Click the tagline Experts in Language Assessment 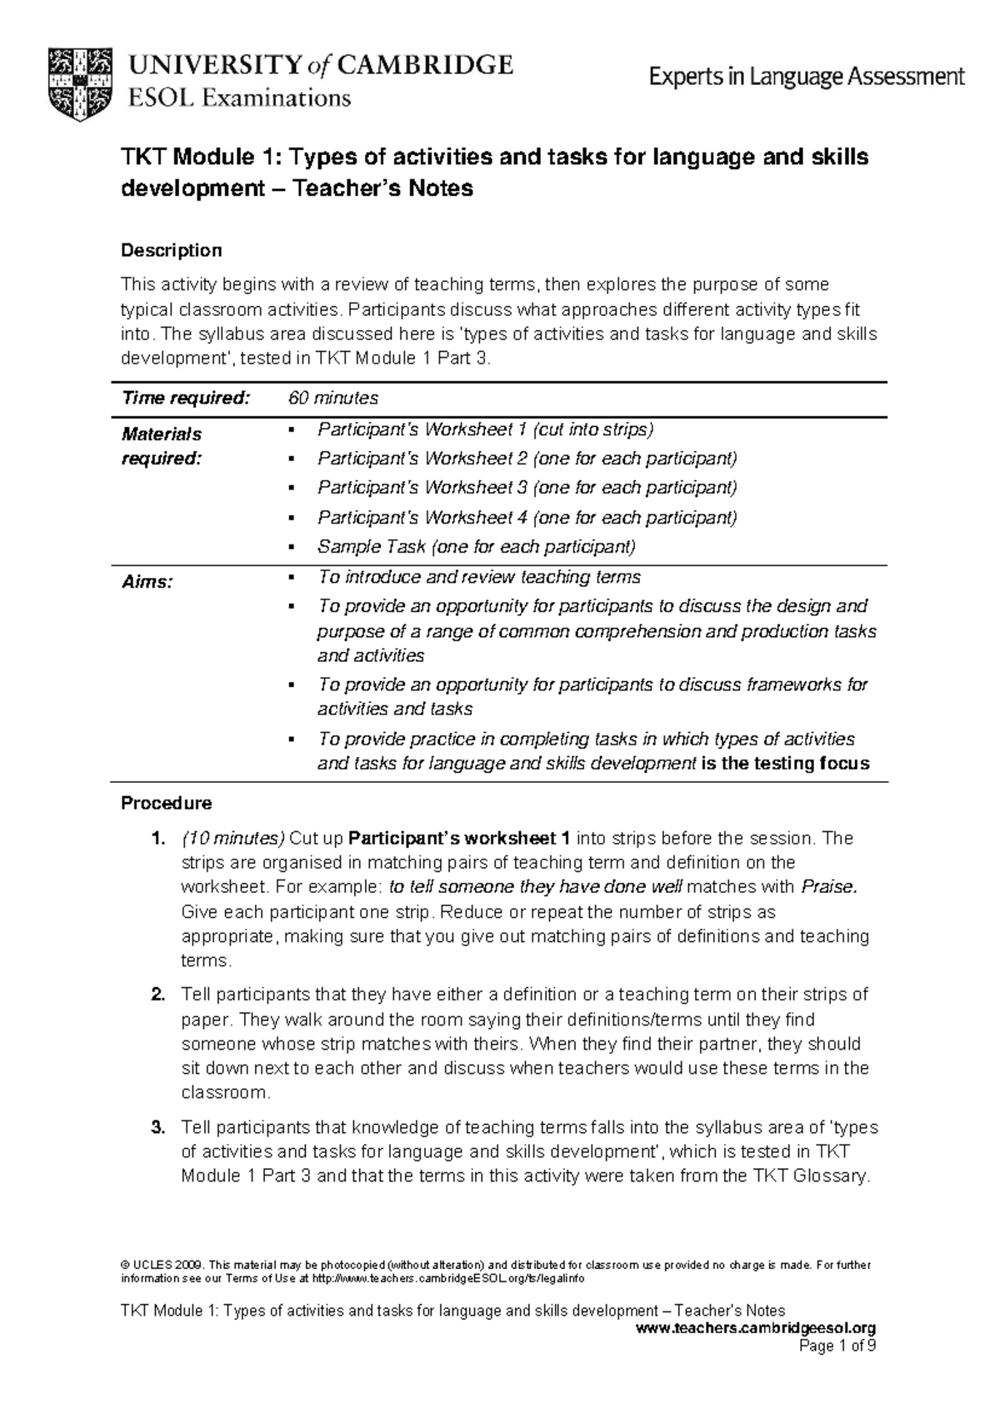tap(807, 78)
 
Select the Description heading tap(172, 250)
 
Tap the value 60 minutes tap(333, 398)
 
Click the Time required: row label tap(186, 398)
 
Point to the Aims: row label tap(147, 583)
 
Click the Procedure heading tap(167, 803)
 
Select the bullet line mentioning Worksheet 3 tap(527, 488)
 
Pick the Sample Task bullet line tap(476, 547)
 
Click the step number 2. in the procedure tap(157, 995)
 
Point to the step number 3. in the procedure tap(157, 1128)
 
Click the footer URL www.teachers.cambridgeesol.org tap(755, 1327)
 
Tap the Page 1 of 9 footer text tap(837, 1346)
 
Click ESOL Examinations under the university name tap(238, 98)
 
